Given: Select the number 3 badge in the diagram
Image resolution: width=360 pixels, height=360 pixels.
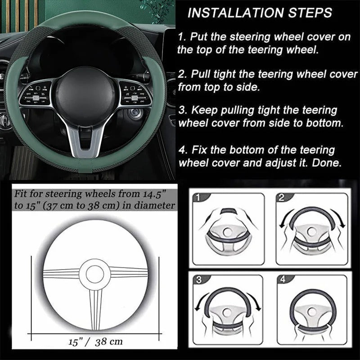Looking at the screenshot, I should [x=199, y=279].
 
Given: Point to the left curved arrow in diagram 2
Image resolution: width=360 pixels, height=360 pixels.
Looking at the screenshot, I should [x=285, y=221].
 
